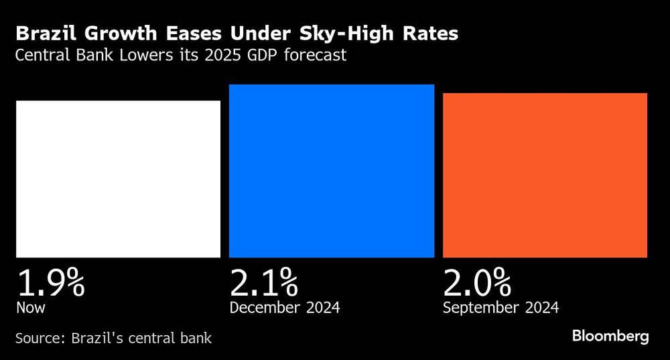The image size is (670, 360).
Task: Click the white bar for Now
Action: point(118,179)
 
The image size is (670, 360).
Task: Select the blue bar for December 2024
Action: point(332,171)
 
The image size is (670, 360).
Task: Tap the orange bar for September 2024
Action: point(545,175)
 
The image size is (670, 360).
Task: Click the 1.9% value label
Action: point(50,283)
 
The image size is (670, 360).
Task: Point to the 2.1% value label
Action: point(263,283)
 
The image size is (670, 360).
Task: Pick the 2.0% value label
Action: point(477,283)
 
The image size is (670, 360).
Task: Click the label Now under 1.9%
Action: point(30,308)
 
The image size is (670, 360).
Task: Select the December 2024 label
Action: point(285,308)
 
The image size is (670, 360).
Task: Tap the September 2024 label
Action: point(500,308)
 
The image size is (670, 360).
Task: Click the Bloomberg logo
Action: point(610,337)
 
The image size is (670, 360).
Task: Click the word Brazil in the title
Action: point(42,34)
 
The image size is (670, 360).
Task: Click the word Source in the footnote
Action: point(39,338)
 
